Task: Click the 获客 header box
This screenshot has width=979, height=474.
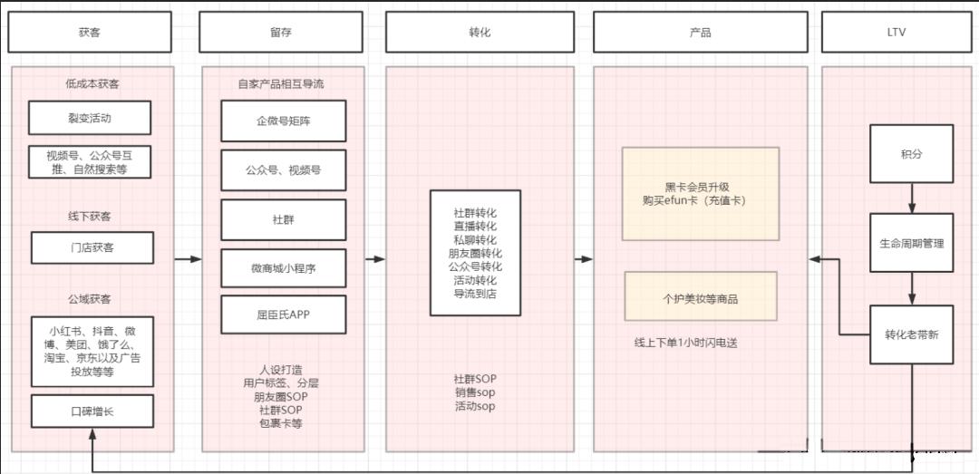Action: [x=90, y=32]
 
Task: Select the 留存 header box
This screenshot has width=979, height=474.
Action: [x=281, y=32]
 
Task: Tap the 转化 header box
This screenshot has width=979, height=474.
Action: [x=480, y=32]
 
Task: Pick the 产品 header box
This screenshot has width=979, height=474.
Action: [x=701, y=32]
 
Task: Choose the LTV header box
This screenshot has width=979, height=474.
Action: [x=896, y=32]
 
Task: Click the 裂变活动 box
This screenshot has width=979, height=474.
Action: [x=90, y=118]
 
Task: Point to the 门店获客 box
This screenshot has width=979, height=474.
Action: [x=92, y=248]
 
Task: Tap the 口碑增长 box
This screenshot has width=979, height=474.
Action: [x=92, y=411]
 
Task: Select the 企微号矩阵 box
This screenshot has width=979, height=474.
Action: [x=284, y=121]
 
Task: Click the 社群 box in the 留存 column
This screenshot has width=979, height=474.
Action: [x=284, y=220]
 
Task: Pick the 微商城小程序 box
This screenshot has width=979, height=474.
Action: [x=284, y=268]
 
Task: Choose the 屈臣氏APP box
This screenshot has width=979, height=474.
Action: [x=284, y=314]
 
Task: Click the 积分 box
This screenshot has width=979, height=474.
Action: [x=912, y=154]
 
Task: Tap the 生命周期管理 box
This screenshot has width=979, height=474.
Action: [x=912, y=243]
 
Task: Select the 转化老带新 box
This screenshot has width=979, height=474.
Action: [x=912, y=334]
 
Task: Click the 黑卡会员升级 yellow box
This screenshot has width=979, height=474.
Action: [x=701, y=194]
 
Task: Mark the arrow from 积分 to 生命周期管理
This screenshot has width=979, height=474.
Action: [x=912, y=198]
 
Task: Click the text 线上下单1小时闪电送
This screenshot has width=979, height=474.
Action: [x=685, y=343]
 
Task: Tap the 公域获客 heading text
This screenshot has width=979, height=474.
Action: [x=89, y=299]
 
